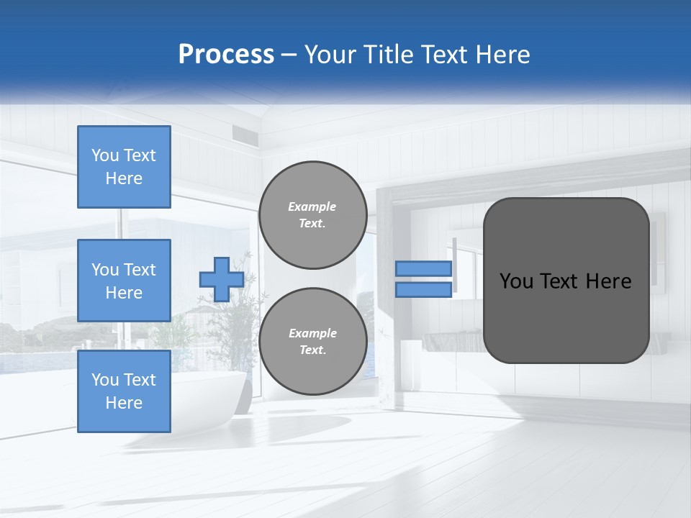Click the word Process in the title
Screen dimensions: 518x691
(x=226, y=55)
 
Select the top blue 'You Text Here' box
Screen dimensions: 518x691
(x=124, y=167)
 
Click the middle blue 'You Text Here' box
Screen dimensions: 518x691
(x=124, y=281)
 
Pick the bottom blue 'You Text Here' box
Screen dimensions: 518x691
(x=124, y=391)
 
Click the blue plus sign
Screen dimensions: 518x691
(x=221, y=278)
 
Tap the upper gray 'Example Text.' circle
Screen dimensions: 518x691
(x=312, y=214)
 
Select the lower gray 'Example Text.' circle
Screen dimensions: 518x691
(x=312, y=341)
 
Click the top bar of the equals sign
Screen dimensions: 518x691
(x=424, y=268)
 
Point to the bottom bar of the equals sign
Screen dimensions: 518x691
(x=424, y=289)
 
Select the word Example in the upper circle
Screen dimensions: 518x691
(x=312, y=206)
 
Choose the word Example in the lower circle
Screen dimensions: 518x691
(x=312, y=333)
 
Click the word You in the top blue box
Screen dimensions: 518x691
(x=105, y=155)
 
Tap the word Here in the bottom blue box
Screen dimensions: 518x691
(x=124, y=403)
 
